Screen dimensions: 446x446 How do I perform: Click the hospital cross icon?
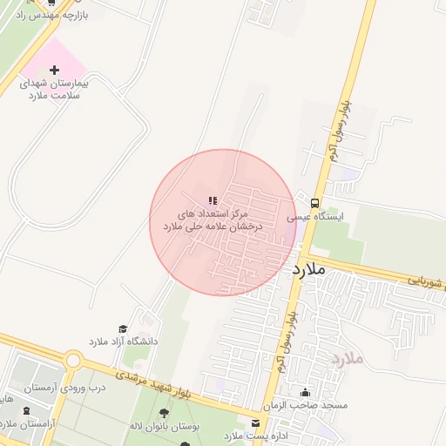[x=55, y=70]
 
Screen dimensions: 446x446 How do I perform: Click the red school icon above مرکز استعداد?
[x=213, y=200]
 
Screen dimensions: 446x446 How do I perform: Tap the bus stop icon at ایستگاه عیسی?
[x=314, y=202]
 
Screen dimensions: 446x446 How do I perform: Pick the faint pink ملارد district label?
[x=347, y=358]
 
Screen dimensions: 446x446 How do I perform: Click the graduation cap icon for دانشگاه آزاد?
[x=123, y=328]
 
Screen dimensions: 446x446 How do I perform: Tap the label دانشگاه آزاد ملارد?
[x=124, y=341]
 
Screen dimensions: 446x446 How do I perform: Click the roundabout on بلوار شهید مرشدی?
[x=73, y=361]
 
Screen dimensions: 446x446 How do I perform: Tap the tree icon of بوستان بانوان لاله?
[x=164, y=413]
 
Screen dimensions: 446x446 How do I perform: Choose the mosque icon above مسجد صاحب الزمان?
[x=305, y=392]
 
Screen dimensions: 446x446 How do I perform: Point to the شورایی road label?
[x=425, y=281]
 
